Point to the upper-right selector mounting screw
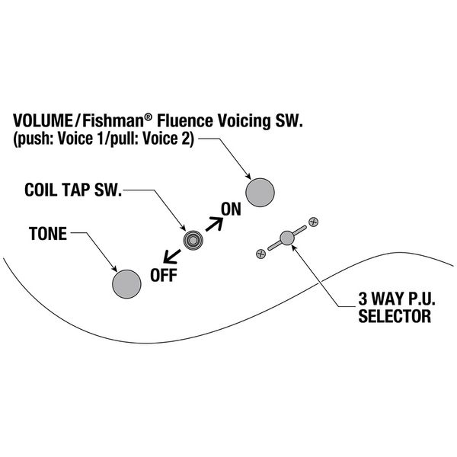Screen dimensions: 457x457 point(314,222)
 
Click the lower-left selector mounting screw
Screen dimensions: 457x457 point(260,252)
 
